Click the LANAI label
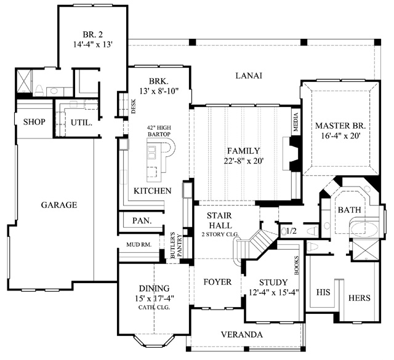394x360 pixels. click(249, 76)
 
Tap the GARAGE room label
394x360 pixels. click(59, 205)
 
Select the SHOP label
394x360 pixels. click(34, 122)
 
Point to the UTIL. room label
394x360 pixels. click(81, 123)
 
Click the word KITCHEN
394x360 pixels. click(153, 191)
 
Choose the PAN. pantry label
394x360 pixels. click(142, 220)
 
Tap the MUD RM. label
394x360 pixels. click(139, 244)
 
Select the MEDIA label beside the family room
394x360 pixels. click(295, 122)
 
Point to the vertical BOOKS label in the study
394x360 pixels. click(297, 265)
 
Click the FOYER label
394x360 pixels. click(217, 282)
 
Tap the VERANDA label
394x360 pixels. click(242, 335)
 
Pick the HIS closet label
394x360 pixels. click(323, 292)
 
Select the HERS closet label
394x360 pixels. click(360, 298)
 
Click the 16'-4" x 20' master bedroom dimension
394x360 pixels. click(341, 136)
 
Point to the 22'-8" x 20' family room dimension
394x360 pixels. click(244, 161)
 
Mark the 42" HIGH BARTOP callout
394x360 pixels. click(159, 131)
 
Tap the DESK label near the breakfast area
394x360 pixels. click(134, 106)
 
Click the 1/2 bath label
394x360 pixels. click(291, 231)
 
